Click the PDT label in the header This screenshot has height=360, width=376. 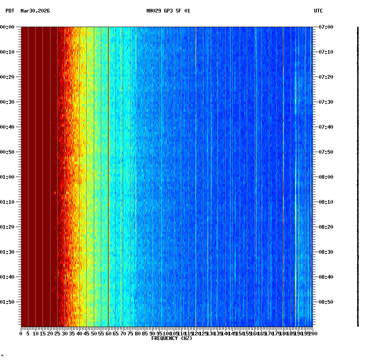[x=10, y=11]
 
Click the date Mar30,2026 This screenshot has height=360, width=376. [x=35, y=11]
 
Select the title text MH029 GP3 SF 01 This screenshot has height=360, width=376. [x=168, y=11]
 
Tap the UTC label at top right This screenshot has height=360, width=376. [x=318, y=11]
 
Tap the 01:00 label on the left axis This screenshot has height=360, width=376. [x=8, y=177]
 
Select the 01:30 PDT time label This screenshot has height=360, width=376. [x=8, y=252]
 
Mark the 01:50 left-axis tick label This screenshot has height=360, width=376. [x=8, y=302]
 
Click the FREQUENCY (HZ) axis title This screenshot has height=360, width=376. [x=171, y=338]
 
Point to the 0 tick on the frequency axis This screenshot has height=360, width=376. [x=21, y=334]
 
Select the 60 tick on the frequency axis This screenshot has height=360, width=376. [x=108, y=334]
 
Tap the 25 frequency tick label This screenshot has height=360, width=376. [x=58, y=334]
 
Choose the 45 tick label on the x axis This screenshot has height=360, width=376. [x=87, y=334]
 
